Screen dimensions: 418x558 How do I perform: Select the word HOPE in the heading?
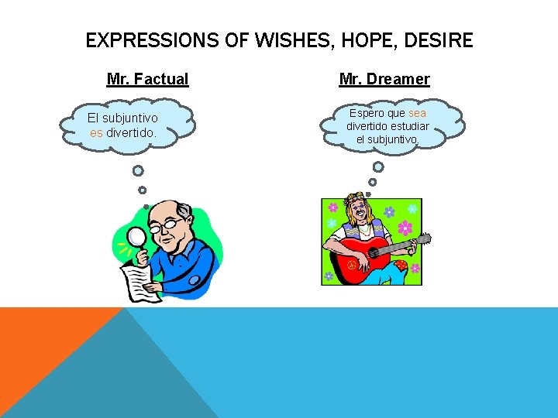[363, 40]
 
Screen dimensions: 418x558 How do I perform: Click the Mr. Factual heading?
[147, 79]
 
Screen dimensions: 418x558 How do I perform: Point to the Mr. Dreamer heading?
[384, 79]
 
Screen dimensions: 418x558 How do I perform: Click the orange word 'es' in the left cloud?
[96, 132]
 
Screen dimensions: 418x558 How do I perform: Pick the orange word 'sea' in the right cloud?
[417, 113]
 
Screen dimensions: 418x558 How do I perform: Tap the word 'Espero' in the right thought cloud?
[367, 113]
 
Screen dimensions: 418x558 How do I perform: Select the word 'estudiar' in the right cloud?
[409, 126]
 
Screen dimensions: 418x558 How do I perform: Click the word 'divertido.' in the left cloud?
[132, 132]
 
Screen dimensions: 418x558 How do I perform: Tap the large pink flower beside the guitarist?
[405, 228]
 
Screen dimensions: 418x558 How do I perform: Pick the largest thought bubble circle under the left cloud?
[138, 171]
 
